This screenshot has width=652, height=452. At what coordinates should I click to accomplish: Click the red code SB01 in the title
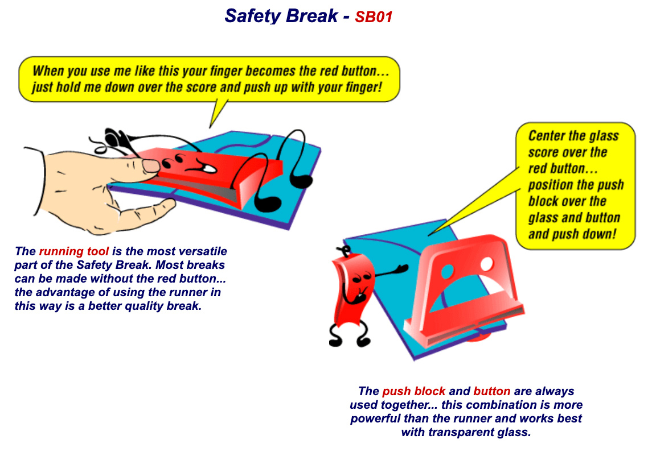click(x=374, y=17)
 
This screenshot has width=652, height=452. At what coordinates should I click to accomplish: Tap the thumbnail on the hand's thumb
click(x=150, y=165)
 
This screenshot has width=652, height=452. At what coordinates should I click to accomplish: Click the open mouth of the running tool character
click(x=207, y=169)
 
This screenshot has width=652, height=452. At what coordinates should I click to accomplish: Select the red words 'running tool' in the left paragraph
click(x=74, y=251)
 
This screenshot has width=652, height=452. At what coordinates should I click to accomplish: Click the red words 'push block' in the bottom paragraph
click(x=414, y=391)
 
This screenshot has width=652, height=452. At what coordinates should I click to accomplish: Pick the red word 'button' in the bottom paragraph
click(x=492, y=391)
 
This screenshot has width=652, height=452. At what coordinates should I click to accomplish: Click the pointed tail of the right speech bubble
click(x=430, y=234)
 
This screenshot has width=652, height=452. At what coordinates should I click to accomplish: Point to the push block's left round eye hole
click(x=447, y=271)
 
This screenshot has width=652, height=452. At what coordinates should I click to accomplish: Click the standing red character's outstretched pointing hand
click(x=401, y=268)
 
